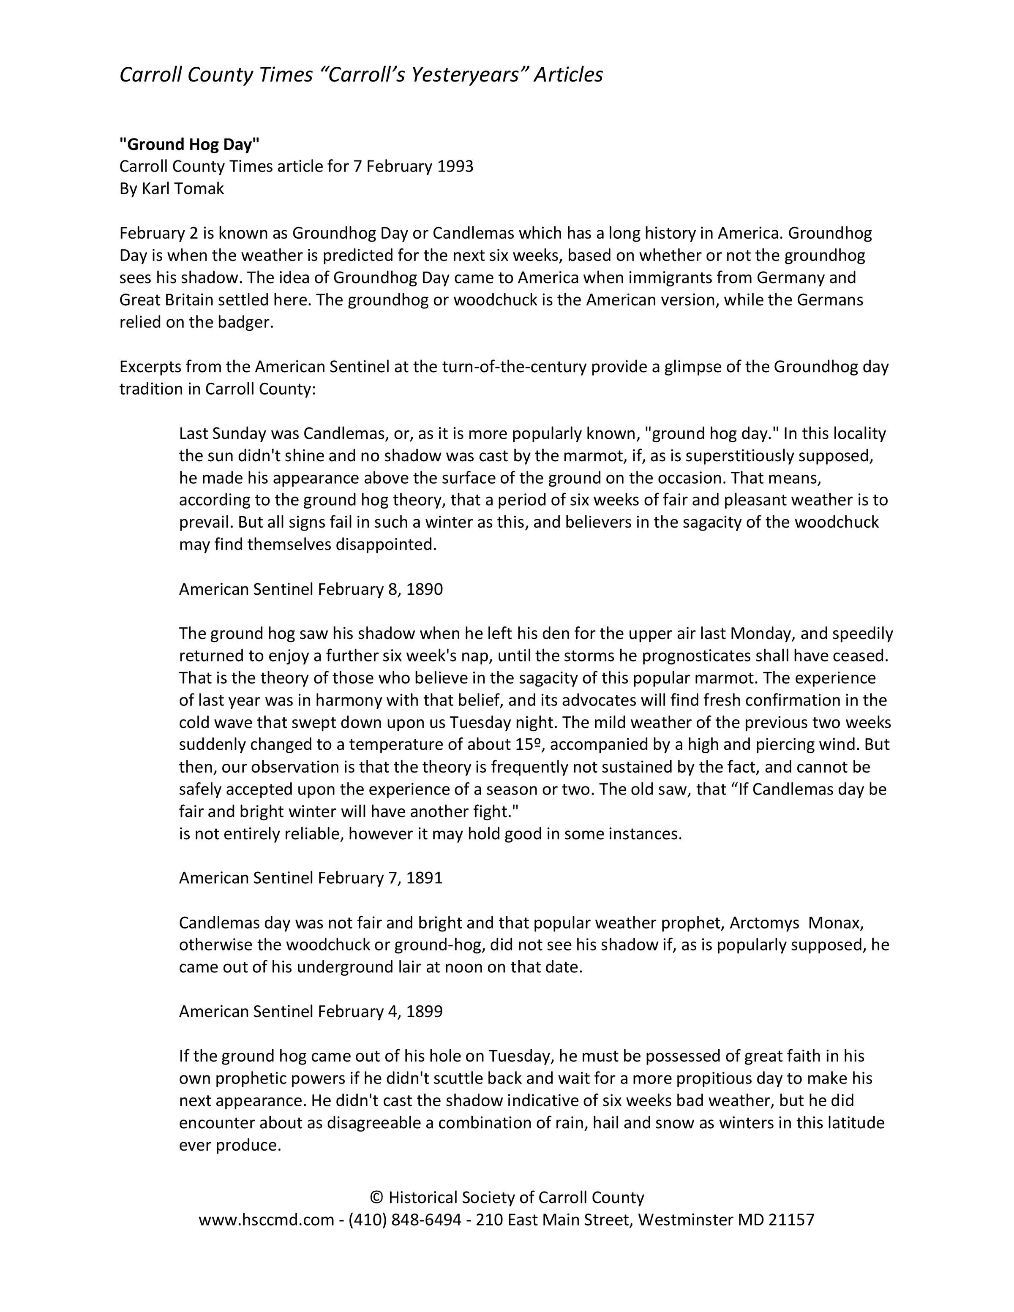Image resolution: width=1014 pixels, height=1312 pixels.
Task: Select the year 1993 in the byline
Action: click(455, 166)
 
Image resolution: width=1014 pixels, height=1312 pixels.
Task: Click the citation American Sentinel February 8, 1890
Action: click(311, 589)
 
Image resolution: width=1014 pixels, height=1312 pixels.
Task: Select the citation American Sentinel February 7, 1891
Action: click(311, 878)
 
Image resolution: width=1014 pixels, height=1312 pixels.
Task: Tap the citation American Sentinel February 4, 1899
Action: click(311, 1012)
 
